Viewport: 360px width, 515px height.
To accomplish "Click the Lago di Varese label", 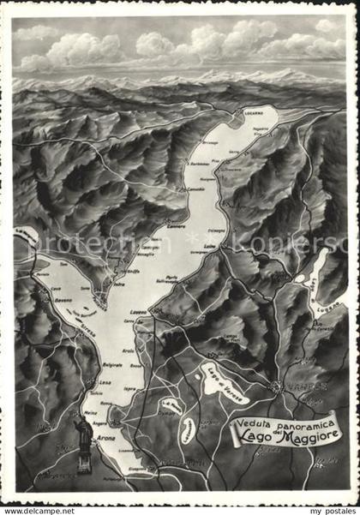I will pos(225,382).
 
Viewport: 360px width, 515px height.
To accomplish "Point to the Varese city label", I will pos(289,386).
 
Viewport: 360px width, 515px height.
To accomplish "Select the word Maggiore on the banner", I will pos(309,436).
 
